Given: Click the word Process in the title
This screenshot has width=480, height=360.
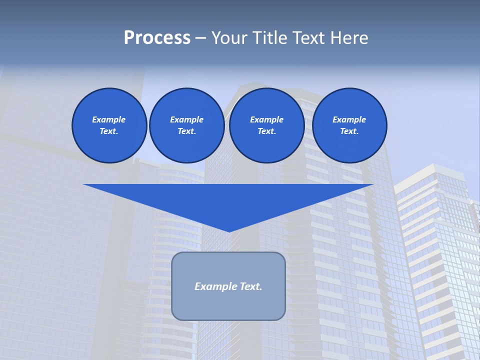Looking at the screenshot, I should [x=157, y=38].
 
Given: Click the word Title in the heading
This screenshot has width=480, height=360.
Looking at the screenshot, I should [x=269, y=38].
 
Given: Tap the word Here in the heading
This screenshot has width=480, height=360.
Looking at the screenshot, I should [x=348, y=38].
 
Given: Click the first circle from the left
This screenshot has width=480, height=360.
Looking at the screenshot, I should [x=109, y=125].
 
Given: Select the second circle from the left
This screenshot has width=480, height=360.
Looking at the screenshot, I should [x=186, y=125].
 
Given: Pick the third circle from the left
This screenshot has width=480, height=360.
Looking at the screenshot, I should [x=266, y=125].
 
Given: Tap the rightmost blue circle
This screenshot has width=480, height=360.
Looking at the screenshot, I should [x=349, y=125].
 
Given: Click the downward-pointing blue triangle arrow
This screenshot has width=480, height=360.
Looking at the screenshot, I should [x=228, y=200].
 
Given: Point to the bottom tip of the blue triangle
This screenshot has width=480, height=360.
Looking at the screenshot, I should [x=229, y=231].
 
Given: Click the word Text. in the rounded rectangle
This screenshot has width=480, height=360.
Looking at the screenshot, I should [x=250, y=286].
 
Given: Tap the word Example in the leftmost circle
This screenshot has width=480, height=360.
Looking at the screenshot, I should [x=109, y=119].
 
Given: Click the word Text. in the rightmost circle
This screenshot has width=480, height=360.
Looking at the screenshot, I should [x=349, y=131].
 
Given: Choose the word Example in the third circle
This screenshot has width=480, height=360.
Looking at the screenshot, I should [x=266, y=119].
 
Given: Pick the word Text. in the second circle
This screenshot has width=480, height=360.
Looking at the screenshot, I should [x=186, y=131].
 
